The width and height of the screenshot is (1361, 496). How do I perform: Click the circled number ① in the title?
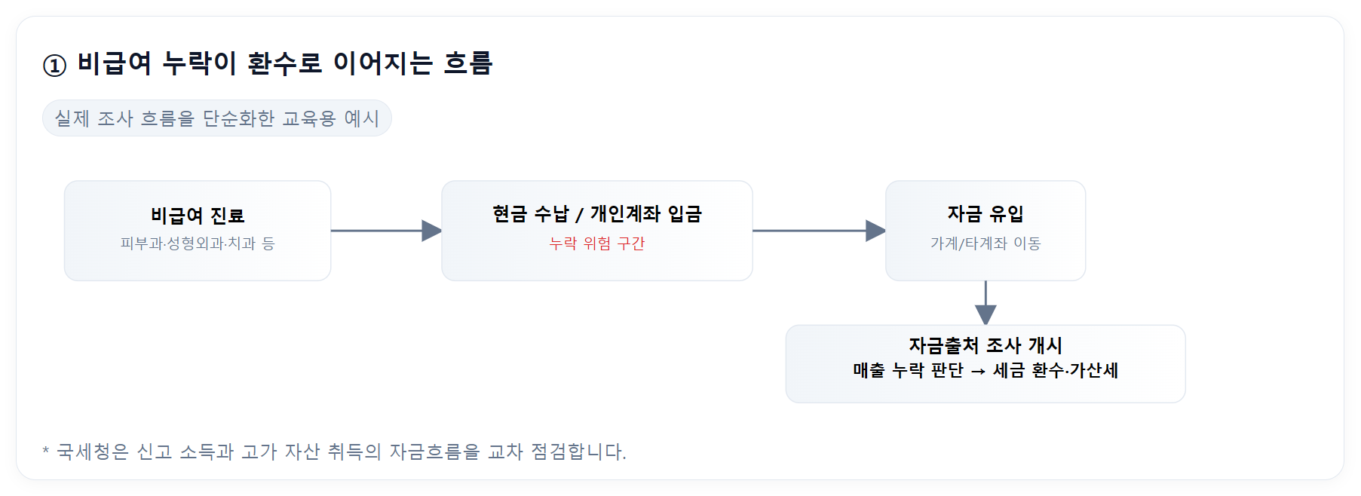click(54, 66)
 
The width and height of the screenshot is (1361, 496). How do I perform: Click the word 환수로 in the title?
click(284, 63)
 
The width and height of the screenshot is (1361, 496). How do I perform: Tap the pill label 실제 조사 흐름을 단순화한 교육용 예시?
click(216, 118)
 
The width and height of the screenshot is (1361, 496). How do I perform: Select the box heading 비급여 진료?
click(198, 216)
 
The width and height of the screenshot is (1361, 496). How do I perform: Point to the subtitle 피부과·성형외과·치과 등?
click(198, 243)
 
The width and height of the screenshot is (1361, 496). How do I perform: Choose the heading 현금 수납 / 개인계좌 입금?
click(596, 215)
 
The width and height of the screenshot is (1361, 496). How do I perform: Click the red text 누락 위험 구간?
click(596, 243)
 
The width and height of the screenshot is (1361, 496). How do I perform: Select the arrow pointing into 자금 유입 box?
click(819, 231)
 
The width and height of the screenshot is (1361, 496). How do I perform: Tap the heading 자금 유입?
click(985, 215)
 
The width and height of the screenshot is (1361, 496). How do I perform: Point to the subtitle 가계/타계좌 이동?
click(985, 243)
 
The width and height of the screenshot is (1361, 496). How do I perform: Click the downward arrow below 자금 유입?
click(985, 303)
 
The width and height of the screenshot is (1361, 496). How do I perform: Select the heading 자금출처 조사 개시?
click(985, 345)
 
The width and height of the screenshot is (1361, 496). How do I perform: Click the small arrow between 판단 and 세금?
click(978, 371)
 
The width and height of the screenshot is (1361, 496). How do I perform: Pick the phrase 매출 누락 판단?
click(908, 371)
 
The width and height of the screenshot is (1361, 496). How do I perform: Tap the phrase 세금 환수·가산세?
click(1055, 371)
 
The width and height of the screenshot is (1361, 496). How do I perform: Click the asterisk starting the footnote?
click(46, 451)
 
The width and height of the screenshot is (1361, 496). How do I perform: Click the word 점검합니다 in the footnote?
click(577, 452)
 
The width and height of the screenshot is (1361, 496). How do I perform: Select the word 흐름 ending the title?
click(467, 63)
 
